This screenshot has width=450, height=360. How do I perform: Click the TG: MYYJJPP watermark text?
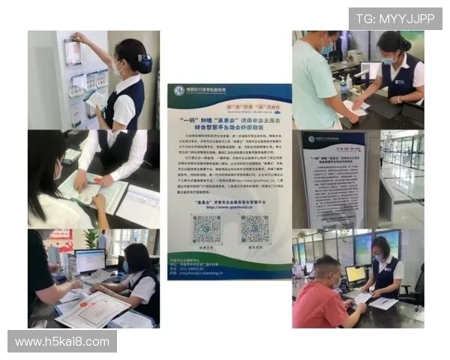click(395, 18)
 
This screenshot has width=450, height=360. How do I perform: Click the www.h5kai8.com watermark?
click(62, 342)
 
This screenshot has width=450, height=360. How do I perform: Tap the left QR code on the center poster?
click(205, 227)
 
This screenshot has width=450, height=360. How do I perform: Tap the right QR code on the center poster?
click(254, 227)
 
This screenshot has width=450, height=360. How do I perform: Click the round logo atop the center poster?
click(178, 91)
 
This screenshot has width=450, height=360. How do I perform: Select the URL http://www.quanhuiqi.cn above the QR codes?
click(229, 201)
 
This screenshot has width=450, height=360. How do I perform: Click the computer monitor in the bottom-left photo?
click(90, 261)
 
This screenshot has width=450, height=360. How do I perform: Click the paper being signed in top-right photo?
click(355, 109)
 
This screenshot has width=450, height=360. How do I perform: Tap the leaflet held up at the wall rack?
click(73, 51)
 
